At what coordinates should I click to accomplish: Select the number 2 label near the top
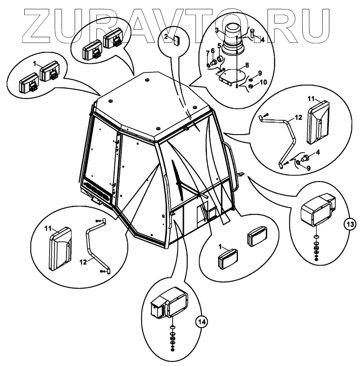166,37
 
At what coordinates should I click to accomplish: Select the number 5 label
219,45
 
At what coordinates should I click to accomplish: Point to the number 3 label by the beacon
217,30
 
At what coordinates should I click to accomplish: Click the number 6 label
213,51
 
